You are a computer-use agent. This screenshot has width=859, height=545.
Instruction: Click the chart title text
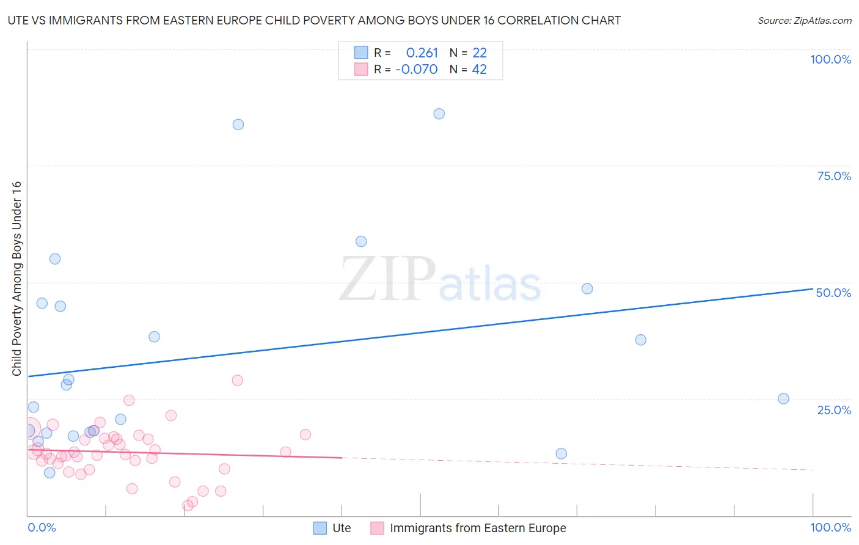coord(314,20)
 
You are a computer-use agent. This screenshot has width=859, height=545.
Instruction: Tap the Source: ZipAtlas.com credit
coord(804,20)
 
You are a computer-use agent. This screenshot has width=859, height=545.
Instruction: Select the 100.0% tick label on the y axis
coord(830,59)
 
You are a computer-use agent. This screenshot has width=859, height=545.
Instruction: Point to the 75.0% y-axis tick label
coord(834,176)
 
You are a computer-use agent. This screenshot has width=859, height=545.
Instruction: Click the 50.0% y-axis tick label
coord(833,293)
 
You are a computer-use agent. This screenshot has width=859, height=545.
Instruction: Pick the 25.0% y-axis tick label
coord(834,409)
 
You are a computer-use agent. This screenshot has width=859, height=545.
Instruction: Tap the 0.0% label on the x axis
coord(42,527)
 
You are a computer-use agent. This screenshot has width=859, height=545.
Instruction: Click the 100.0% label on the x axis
coord(830,527)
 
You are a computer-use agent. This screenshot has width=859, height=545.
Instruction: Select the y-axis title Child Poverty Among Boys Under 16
coord(17,279)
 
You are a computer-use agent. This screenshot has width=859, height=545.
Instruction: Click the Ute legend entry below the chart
coord(332,528)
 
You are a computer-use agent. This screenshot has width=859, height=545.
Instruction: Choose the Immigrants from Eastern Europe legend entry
coord(469,528)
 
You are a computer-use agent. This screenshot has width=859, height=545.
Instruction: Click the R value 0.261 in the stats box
coord(422,53)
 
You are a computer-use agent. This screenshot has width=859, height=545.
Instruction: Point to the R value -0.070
coord(417,70)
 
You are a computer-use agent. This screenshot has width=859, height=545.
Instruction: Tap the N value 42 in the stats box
coord(479,70)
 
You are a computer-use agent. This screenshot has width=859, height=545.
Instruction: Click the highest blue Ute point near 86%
coord(439,114)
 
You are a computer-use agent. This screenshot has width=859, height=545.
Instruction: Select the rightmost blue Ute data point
coord(783,398)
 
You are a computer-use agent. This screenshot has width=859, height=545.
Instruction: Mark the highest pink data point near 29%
coord(238,380)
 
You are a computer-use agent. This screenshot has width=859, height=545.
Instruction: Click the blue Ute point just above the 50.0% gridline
coord(587,288)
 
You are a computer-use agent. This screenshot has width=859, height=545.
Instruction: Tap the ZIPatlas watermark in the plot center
coord(440,280)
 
